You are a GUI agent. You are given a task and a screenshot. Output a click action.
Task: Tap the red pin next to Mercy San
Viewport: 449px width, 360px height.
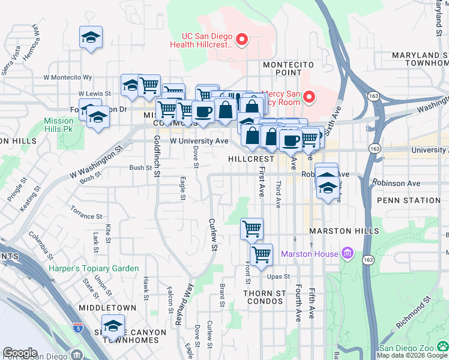pos(309,96)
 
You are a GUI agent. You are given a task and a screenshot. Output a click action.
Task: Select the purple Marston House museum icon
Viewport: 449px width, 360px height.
pos(346,254)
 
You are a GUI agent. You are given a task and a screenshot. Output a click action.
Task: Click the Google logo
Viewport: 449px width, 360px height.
pos(20,352)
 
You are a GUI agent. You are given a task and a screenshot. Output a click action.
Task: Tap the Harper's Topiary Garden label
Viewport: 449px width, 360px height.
pos(94,268)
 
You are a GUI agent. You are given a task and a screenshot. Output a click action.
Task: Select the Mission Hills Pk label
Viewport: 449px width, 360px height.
pos(59,125)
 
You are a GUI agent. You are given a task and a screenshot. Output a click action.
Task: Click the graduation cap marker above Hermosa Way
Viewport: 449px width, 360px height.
pos(91,37)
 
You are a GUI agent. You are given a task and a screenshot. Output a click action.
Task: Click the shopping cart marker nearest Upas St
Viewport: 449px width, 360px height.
pos(261,254)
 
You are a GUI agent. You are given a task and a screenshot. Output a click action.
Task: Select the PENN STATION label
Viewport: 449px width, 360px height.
pos(409,200)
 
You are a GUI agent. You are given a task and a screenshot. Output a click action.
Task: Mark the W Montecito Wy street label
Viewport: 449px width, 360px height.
pos(67,77)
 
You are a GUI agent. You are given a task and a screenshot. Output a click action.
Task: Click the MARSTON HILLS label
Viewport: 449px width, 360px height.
pos(344,231)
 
